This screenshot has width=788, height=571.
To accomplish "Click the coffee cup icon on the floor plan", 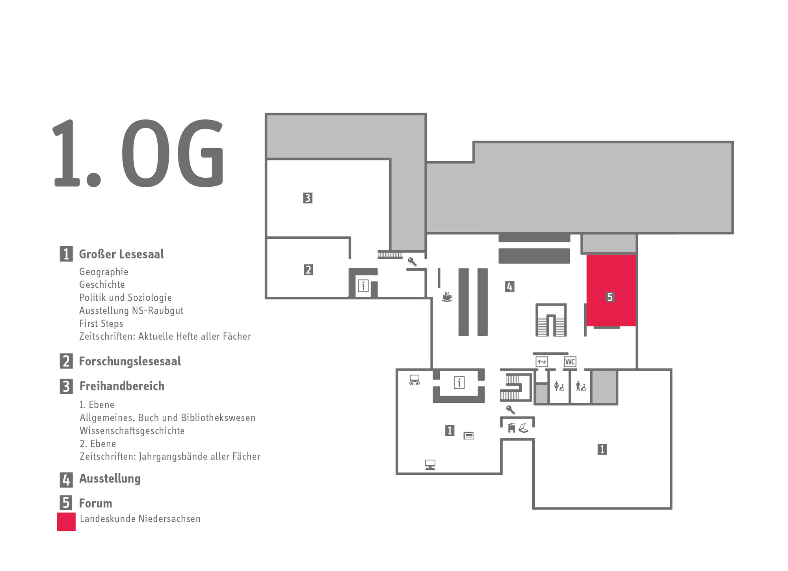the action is tap(446, 297).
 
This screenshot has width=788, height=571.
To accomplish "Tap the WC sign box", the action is tap(570, 362).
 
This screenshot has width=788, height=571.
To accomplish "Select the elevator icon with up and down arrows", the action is tap(542, 362).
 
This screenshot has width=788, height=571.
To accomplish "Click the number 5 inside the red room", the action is tap(610, 297).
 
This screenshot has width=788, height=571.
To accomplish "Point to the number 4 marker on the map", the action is tap(509, 286).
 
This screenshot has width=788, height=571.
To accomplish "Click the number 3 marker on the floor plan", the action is tap(308, 198).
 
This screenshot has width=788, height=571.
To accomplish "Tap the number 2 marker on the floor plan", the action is tap(308, 270).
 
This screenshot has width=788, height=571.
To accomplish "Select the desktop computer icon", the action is tap(430, 465).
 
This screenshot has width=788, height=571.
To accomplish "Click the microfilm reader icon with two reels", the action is tap(414, 379).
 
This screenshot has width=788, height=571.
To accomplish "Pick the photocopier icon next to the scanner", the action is tap(512, 428).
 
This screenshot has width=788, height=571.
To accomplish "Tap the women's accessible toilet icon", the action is tap(559, 386).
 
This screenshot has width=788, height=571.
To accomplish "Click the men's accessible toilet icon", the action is tap(580, 386).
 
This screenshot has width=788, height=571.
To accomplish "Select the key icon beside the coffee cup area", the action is tap(412, 262).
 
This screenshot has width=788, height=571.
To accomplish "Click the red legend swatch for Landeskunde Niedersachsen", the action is tap(66, 522).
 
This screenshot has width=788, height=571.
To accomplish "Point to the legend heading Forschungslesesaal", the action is tap(130, 361).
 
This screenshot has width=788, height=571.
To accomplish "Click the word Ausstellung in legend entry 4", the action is tap(110, 479).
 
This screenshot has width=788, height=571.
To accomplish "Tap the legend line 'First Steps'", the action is tap(101, 324).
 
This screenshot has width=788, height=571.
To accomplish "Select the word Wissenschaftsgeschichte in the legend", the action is tap(132, 431).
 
